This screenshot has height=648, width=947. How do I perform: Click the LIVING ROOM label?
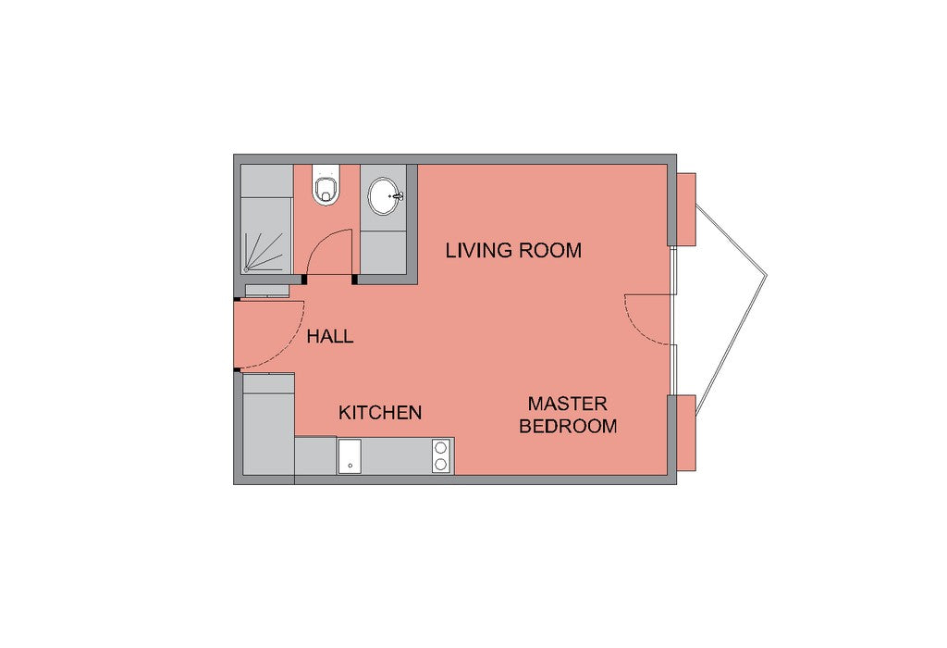[x=513, y=250]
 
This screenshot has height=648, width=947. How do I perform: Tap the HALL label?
[x=330, y=337]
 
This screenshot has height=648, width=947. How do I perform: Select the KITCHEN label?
[x=380, y=413]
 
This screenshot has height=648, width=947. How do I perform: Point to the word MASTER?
[x=568, y=404]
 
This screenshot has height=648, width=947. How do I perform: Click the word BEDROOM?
[x=568, y=426]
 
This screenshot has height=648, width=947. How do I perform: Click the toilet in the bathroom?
[x=326, y=184]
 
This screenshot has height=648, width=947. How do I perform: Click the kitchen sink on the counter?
[x=349, y=456]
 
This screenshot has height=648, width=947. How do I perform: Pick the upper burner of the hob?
[x=441, y=448]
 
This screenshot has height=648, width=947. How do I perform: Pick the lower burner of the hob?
[x=441, y=464]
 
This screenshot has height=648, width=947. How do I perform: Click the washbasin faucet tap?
[x=397, y=196]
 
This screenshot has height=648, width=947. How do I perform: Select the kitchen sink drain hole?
[x=350, y=466]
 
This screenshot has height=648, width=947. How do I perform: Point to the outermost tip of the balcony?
[x=767, y=276]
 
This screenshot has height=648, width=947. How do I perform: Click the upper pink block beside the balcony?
[x=685, y=209]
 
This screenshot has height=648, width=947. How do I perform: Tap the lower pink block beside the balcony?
[x=685, y=432]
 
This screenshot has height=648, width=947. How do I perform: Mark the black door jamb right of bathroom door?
[x=354, y=280]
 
